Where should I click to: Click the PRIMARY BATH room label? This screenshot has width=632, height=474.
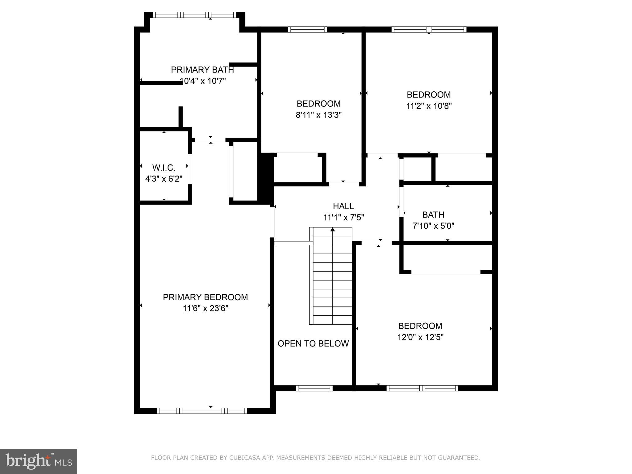(x=202, y=70)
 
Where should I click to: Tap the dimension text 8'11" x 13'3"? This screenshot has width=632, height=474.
(x=318, y=115)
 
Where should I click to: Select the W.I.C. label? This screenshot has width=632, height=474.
(x=164, y=168)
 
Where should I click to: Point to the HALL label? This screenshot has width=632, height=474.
(x=343, y=206)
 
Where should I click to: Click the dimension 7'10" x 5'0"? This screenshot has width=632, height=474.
(x=433, y=226)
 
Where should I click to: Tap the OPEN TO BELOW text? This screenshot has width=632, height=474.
(x=313, y=343)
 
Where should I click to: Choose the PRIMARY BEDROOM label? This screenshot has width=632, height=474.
(x=205, y=297)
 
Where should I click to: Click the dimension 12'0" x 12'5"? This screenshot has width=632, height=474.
(x=420, y=337)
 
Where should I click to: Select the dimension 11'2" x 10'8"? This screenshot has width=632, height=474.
(x=429, y=106)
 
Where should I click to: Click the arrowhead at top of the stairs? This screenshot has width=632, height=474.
(x=333, y=229)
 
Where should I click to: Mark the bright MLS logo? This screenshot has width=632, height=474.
(x=38, y=461)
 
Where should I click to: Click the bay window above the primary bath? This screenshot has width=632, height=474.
(x=194, y=15)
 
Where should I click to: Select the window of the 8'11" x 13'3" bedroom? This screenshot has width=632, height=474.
(x=307, y=29)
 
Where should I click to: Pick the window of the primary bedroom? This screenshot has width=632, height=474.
(x=202, y=411)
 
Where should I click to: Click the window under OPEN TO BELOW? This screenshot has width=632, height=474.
(x=314, y=388)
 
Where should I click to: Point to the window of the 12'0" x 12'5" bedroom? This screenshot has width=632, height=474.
(x=422, y=388)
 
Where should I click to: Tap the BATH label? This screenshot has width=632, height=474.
(x=433, y=214)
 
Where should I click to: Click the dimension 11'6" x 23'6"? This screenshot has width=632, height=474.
(x=205, y=308)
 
